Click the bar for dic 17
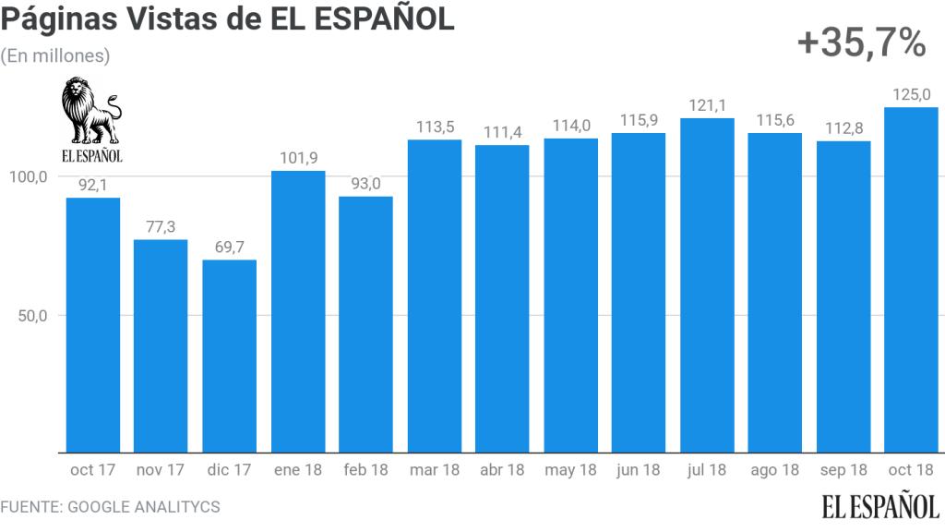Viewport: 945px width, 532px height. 229,356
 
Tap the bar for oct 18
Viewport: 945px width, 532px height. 911,279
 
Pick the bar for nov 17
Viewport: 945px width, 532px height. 161,345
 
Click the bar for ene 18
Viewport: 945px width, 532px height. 297,311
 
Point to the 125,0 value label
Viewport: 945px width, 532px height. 911,94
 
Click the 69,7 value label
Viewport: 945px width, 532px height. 229,247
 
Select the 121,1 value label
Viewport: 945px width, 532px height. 707,105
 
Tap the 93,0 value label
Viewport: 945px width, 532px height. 365,184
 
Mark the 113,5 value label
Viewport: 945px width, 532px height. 434,127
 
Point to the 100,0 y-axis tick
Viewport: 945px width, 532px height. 29,176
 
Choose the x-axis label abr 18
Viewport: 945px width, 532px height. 502,470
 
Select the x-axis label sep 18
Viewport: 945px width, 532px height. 843,470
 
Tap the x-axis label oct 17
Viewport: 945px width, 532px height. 92,470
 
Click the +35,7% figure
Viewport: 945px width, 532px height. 860,42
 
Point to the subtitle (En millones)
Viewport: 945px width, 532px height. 55,55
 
